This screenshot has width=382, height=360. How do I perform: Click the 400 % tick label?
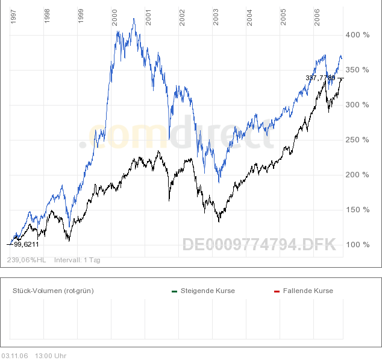click(357, 35)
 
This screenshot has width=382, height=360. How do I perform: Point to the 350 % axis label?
click(357, 70)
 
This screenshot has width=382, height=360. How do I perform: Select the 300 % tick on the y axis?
click(357, 105)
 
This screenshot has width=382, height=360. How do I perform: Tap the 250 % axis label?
click(357, 140)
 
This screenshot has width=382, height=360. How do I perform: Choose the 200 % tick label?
click(357, 175)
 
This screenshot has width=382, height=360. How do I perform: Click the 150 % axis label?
click(357, 210)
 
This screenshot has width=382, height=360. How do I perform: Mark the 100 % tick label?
click(357, 245)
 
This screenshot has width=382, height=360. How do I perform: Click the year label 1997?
click(14, 16)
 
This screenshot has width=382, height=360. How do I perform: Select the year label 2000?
click(114, 16)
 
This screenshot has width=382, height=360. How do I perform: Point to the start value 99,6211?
click(26, 244)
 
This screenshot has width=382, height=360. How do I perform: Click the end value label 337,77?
click(320, 78)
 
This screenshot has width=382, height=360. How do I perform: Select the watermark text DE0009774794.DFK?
click(259, 245)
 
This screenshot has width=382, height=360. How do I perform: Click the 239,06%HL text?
click(27, 260)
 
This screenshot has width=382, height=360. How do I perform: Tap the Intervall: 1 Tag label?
click(77, 260)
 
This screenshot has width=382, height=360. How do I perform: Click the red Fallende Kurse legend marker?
click(277, 291)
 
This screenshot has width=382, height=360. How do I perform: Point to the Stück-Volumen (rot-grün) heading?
click(53, 291)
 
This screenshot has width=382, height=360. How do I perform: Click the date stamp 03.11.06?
click(14, 356)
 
